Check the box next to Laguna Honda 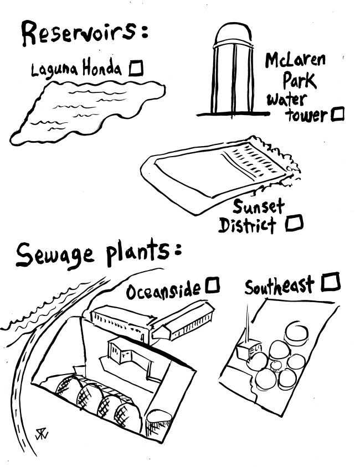[x=136, y=68]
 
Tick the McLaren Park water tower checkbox [x=337, y=115]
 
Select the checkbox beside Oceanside [x=213, y=286]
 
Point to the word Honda [x=102, y=69]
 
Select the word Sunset [x=258, y=207]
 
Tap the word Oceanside [x=164, y=290]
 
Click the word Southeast [x=280, y=286]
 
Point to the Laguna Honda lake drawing [x=83, y=113]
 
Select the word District [x=247, y=225]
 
